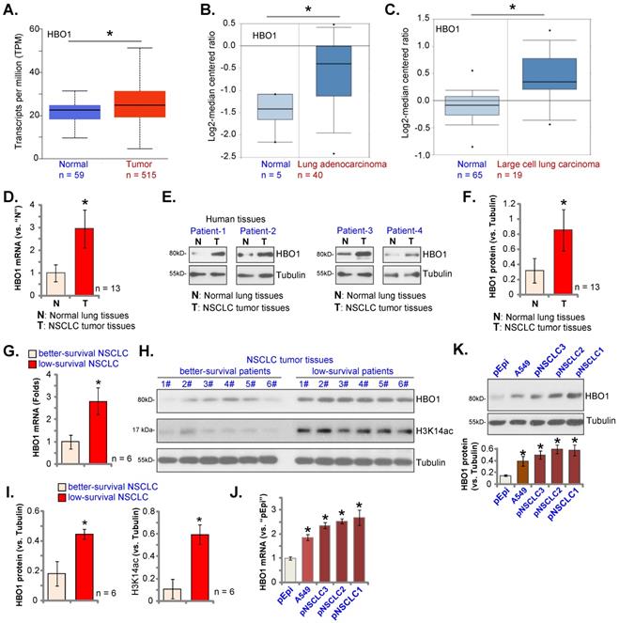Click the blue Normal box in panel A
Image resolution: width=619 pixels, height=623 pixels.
(75, 111)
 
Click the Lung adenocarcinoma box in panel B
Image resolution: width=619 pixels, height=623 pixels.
(333, 70)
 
